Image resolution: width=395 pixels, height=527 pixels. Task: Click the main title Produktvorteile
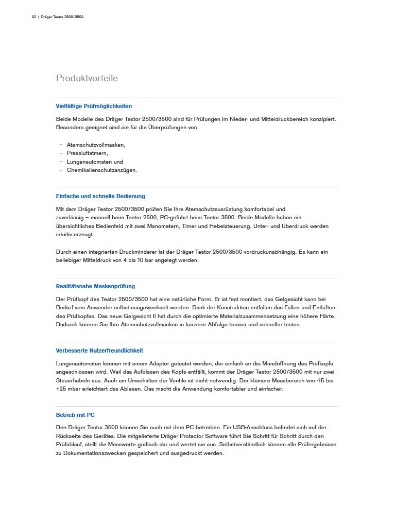(x=87, y=78)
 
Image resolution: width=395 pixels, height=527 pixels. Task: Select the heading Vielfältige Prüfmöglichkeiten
(x=94, y=106)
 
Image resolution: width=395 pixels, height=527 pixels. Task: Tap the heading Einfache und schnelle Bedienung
(x=100, y=196)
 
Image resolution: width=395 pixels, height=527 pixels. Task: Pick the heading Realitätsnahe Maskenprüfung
(x=96, y=286)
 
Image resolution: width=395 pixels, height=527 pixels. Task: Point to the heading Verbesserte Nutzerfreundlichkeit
(x=99, y=350)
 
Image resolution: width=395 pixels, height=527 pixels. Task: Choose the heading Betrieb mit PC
(x=75, y=415)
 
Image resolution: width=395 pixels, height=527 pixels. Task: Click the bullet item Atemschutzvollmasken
(x=96, y=145)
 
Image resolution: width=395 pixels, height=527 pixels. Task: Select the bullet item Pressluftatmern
(x=87, y=153)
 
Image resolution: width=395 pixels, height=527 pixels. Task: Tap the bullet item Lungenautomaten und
(x=95, y=162)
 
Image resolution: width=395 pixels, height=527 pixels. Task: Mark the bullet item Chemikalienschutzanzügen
(x=101, y=170)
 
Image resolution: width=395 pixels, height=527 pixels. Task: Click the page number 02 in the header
(x=34, y=17)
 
